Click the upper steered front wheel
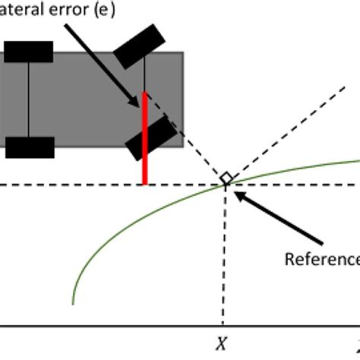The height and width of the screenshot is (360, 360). tap(138, 47)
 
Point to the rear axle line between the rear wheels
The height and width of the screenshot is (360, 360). tap(29, 99)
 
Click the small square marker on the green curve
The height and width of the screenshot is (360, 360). tap(226, 178)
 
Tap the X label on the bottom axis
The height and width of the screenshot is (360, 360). tap(220, 343)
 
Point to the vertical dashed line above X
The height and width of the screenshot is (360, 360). tap(226, 251)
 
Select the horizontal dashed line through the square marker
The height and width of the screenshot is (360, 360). tap(76, 185)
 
